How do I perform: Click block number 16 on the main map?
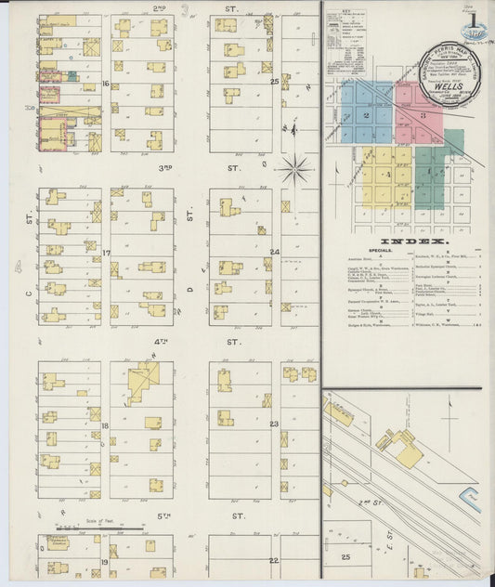click(107, 84)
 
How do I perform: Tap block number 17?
click(107, 253)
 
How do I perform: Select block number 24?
click(274, 252)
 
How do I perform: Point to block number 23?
click(274, 424)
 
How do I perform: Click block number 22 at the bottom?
click(273, 561)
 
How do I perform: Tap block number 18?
click(106, 425)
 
